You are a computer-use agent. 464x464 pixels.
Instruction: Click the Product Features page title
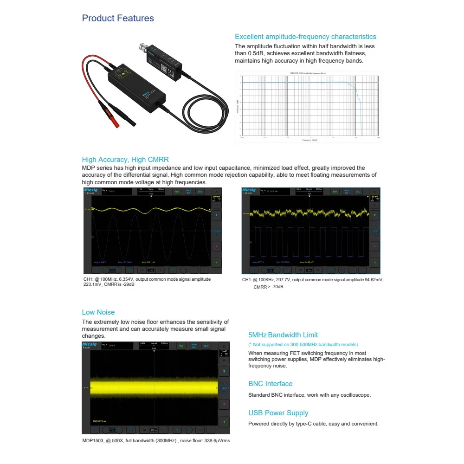[118, 19]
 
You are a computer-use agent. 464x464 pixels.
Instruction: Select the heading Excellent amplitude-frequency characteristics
[305, 37]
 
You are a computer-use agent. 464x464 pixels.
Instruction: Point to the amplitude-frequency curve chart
[308, 107]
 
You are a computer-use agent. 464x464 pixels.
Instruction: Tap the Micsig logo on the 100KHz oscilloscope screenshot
[248, 190]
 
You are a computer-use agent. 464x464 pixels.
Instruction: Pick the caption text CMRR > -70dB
[268, 287]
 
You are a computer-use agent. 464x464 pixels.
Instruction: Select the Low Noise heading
[98, 312]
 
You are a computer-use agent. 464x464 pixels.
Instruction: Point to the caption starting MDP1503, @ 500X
[156, 441]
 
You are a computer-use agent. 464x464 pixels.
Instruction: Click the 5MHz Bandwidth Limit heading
[283, 335]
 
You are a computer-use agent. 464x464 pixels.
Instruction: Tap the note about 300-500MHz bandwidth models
[303, 345]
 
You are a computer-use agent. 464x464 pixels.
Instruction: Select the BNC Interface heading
[271, 384]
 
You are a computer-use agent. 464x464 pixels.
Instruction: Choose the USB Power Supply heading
[278, 413]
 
